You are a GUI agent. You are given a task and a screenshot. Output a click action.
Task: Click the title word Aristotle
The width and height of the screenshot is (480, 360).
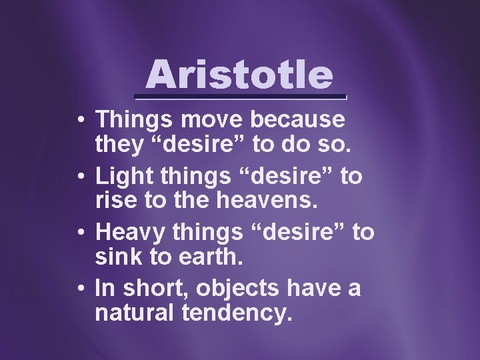click(x=239, y=75)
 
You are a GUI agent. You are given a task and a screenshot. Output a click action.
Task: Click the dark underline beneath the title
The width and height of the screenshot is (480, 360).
click(x=239, y=97)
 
